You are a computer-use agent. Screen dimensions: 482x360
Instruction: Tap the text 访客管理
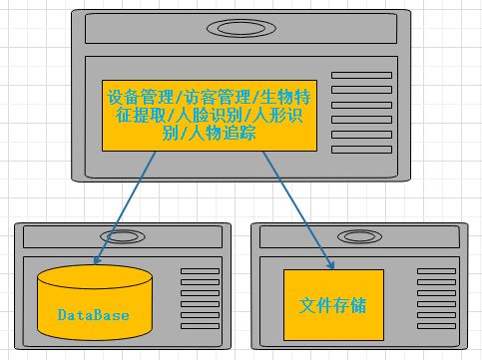(215, 98)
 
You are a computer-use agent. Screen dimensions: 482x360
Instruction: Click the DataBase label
(93, 315)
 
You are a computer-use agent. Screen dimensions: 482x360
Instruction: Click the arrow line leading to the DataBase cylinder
(125, 204)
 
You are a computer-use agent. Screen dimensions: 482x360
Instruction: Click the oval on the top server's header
(241, 27)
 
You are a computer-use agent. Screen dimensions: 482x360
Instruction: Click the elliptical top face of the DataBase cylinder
(95, 276)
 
